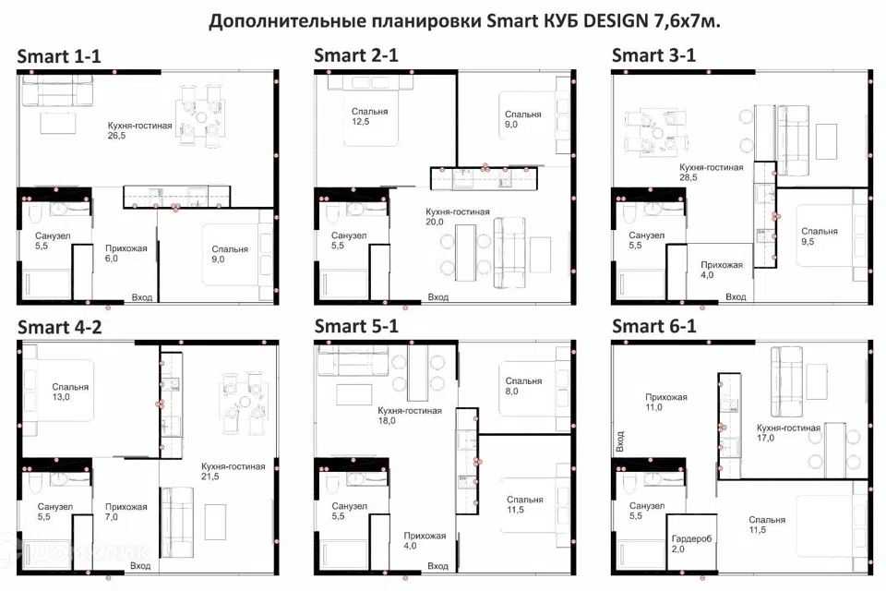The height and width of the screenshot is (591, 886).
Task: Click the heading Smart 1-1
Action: (x=59, y=56)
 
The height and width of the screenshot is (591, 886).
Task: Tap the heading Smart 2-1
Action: (x=356, y=55)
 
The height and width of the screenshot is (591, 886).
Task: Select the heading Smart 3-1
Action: (x=653, y=55)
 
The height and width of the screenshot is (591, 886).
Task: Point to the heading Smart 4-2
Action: (x=59, y=327)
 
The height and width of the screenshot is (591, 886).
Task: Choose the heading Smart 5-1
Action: (x=356, y=326)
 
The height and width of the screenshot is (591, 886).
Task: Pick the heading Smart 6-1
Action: (x=653, y=326)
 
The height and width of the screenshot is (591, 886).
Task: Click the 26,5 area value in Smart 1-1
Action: (x=116, y=136)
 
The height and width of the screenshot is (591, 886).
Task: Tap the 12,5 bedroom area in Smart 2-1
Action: (x=360, y=122)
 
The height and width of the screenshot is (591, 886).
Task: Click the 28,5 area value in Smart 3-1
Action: (x=688, y=177)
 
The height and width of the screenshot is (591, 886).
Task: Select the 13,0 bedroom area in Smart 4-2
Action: (x=61, y=397)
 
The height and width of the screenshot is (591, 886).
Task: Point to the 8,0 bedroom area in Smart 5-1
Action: (x=511, y=392)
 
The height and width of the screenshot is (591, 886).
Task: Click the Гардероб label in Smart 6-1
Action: (x=691, y=539)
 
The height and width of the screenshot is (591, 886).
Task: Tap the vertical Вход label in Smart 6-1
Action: (x=620, y=441)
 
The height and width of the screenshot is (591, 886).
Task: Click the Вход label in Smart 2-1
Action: (x=437, y=297)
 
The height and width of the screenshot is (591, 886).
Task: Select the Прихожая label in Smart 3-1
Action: (x=722, y=265)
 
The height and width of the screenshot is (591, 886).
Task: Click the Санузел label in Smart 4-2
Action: (x=54, y=507)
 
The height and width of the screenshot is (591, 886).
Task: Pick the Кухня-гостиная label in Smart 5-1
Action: (x=410, y=411)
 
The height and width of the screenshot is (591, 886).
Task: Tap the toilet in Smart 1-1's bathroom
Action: (x=34, y=214)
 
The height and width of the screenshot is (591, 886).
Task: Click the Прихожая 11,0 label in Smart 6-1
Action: (x=666, y=402)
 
